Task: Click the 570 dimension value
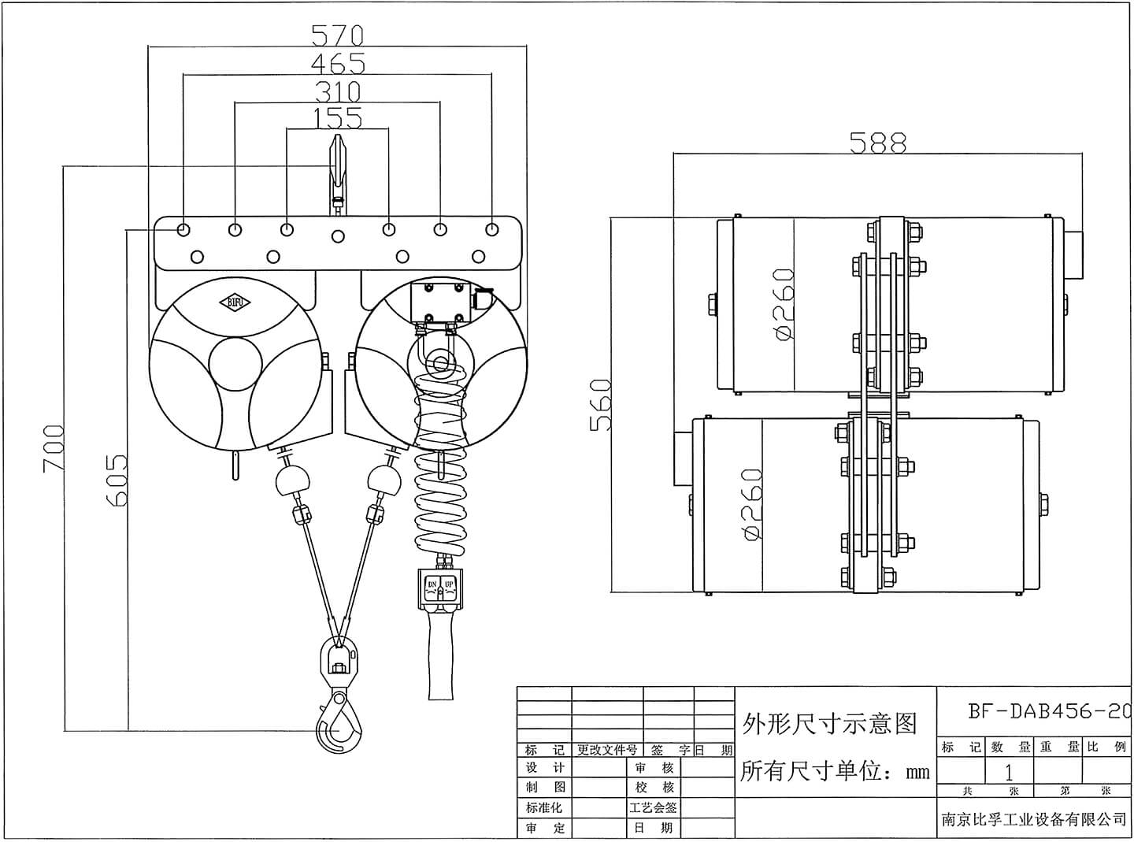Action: (337, 35)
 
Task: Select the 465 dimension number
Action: (337, 63)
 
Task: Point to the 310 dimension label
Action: (337, 91)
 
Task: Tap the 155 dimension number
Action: (337, 118)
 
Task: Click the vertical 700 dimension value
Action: (53, 448)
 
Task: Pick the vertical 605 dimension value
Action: (116, 480)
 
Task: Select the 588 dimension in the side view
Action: (878, 143)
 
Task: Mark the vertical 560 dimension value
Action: (601, 405)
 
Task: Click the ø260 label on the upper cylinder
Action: (784, 305)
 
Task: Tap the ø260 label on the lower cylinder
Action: (752, 505)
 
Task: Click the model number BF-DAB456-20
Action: (1048, 711)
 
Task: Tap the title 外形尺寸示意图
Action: (830, 723)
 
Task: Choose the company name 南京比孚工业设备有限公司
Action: (1034, 819)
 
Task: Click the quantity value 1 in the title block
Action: (1008, 772)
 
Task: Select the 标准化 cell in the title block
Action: (544, 807)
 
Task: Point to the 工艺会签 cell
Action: (653, 807)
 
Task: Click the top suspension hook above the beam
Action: (338, 169)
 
